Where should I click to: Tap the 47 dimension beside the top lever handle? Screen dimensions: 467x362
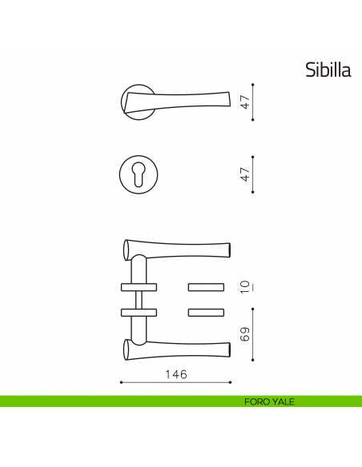(247, 102)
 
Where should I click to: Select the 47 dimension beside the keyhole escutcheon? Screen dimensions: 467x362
(247, 174)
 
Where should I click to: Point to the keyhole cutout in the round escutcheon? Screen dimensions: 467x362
(139, 174)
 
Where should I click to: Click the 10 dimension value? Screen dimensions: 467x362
(247, 286)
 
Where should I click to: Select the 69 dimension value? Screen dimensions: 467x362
(247, 333)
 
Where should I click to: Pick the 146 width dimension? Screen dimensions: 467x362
(175, 373)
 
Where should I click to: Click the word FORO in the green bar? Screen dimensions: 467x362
(258, 401)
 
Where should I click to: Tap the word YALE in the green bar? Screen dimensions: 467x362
(282, 401)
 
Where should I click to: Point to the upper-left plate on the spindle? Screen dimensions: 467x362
(138, 285)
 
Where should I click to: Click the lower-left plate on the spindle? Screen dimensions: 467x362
(138, 311)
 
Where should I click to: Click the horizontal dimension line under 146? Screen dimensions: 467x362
(175, 383)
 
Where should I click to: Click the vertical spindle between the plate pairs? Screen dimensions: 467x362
(139, 298)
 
